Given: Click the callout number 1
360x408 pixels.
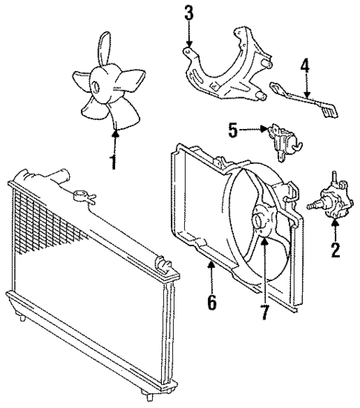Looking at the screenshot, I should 114,161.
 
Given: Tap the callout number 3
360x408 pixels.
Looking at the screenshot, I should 189,13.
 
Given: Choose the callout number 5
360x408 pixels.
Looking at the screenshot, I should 232,132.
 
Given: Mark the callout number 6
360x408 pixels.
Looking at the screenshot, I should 212,303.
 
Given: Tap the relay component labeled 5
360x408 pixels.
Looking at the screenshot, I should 282,140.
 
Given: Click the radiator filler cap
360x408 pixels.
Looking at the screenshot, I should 83,197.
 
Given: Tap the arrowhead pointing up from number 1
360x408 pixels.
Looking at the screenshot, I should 114,133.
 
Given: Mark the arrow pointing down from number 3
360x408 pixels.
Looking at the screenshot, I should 189,45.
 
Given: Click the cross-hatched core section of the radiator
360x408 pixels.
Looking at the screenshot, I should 45,223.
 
